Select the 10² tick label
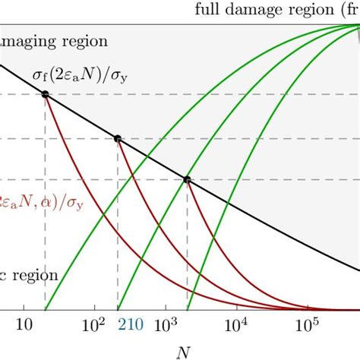coord(94,324)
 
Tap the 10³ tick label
coord(166,324)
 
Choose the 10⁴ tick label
coord(236,324)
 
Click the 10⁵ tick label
coord(307,324)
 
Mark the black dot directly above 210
coord(117,139)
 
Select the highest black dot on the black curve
coord(45,94)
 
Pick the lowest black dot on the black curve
coord(187,180)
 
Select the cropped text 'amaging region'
coord(53,41)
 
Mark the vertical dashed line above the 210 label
coord(117,228)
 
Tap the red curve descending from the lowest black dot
coord(220,258)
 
